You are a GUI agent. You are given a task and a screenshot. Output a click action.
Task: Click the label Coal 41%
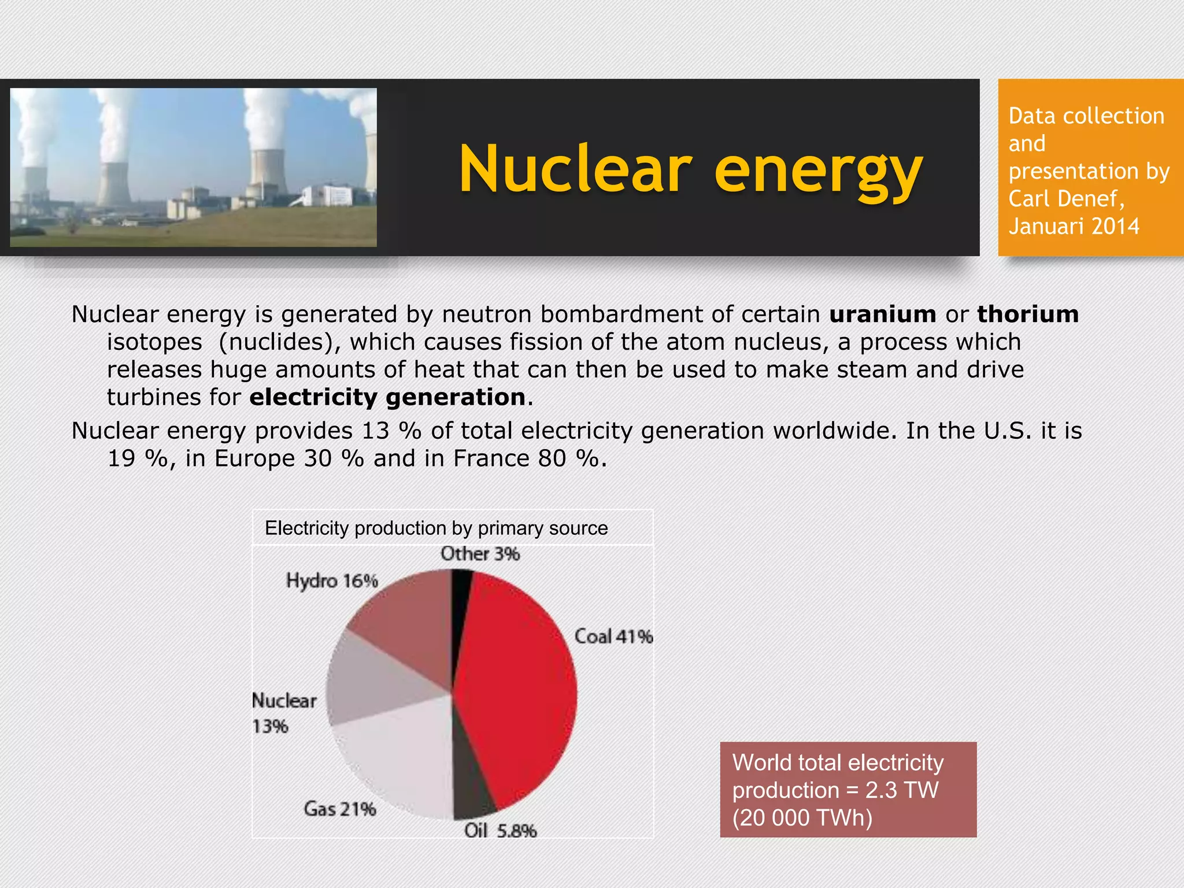pyautogui.click(x=613, y=637)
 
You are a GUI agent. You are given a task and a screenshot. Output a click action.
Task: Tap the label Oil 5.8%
pyautogui.click(x=500, y=831)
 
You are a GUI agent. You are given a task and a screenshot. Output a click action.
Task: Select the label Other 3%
pyautogui.click(x=480, y=554)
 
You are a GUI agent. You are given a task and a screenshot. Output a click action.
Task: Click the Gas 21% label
pyautogui.click(x=340, y=809)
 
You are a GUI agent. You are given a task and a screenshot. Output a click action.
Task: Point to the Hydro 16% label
pyautogui.click(x=332, y=580)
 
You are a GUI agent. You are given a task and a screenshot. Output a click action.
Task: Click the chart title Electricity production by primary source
pyautogui.click(x=436, y=528)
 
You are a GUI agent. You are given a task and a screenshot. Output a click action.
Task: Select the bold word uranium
pyautogui.click(x=882, y=314)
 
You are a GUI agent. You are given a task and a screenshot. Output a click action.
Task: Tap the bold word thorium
pyautogui.click(x=1027, y=314)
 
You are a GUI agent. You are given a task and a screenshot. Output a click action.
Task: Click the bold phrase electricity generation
pyautogui.click(x=387, y=398)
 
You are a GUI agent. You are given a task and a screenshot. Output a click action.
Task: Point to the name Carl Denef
pyautogui.click(x=1065, y=199)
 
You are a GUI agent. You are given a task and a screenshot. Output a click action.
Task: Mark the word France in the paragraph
pyautogui.click(x=491, y=458)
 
